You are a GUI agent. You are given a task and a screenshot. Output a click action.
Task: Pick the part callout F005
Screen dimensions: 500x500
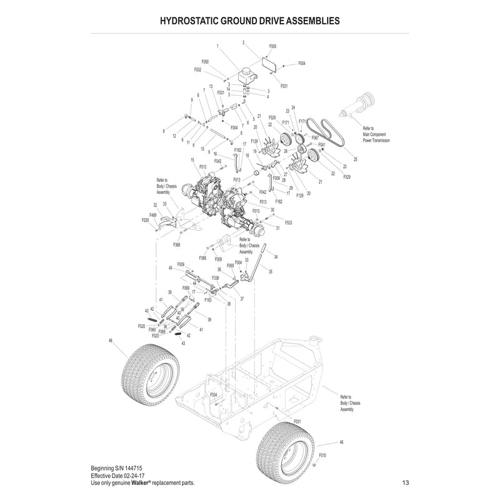pyautogui.click(x=272, y=46)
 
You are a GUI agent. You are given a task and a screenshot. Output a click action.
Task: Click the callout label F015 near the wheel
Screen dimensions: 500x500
pyautogui.click(x=322, y=456)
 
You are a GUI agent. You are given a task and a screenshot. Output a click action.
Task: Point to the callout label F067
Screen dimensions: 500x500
pyautogui.click(x=315, y=137)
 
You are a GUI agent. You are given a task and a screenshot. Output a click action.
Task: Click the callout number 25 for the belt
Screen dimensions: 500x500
pyautogui.click(x=356, y=160)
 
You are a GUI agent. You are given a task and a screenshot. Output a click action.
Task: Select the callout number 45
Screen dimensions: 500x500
pyautogui.click(x=170, y=268)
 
